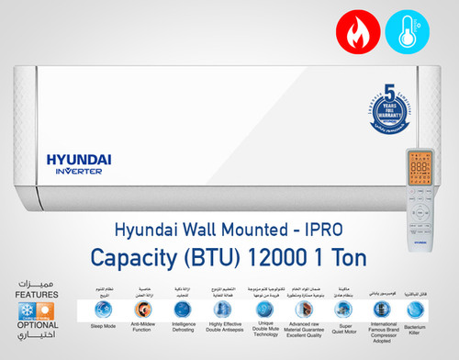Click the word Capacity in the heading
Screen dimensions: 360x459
pos(155,252)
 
